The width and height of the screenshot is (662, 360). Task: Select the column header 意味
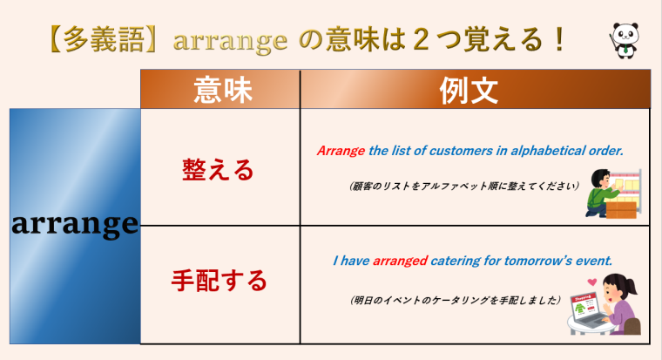(220, 89)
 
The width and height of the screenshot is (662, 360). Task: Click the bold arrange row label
(75, 225)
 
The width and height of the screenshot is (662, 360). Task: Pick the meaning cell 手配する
(219, 281)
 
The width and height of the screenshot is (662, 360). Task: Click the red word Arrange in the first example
(341, 150)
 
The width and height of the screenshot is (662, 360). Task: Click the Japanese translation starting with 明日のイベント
(454, 299)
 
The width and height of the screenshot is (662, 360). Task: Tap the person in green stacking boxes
(610, 194)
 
